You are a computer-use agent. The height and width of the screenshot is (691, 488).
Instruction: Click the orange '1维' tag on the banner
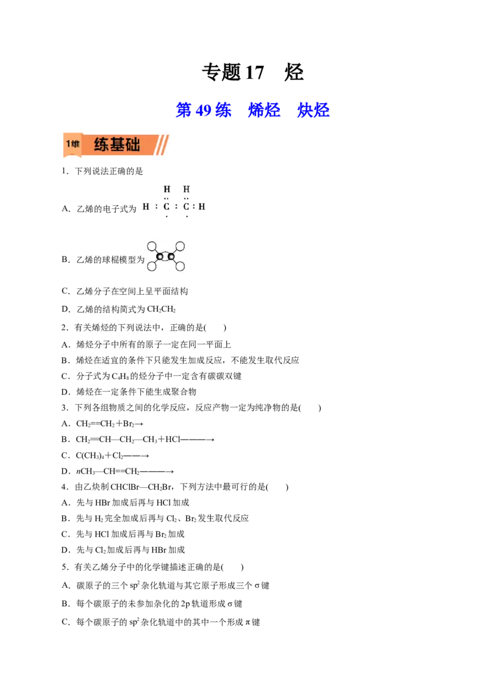(73, 145)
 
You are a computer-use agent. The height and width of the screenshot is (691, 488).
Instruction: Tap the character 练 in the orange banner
(102, 145)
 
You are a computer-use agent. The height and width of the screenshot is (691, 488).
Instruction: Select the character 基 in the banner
(117, 145)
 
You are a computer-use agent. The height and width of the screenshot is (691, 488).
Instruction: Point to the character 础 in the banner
(132, 145)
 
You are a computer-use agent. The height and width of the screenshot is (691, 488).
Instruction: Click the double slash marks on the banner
(161, 145)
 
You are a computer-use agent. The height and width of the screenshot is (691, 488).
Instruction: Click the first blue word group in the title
(204, 110)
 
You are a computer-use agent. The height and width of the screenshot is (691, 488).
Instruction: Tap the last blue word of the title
(313, 110)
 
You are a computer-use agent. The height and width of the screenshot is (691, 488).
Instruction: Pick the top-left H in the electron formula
(167, 189)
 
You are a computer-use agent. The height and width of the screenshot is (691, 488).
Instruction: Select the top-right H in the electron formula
(186, 189)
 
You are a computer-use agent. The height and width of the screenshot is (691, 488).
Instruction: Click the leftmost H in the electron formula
(146, 206)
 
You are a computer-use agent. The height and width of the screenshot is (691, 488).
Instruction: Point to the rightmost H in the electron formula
(202, 206)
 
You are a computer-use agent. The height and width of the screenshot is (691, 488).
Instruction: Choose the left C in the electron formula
(167, 206)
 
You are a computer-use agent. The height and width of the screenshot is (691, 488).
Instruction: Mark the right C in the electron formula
(186, 206)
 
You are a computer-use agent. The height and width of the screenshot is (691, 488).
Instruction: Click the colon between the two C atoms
(176, 206)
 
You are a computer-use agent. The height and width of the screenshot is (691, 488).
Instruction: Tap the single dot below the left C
(167, 217)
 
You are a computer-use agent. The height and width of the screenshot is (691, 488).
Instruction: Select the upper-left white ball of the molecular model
(152, 246)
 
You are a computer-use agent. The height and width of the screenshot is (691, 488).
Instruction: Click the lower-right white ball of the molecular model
(180, 266)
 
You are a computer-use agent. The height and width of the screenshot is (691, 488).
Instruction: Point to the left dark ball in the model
(160, 256)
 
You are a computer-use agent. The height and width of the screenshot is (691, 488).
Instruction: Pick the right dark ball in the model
(171, 256)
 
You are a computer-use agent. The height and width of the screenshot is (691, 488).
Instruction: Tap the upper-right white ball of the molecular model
(180, 246)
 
